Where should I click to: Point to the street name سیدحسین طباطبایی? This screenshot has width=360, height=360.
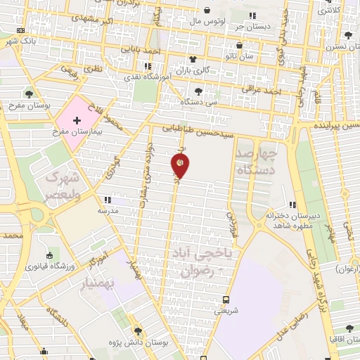pos(192,129)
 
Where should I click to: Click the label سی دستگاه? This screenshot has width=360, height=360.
pos(199,102)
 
